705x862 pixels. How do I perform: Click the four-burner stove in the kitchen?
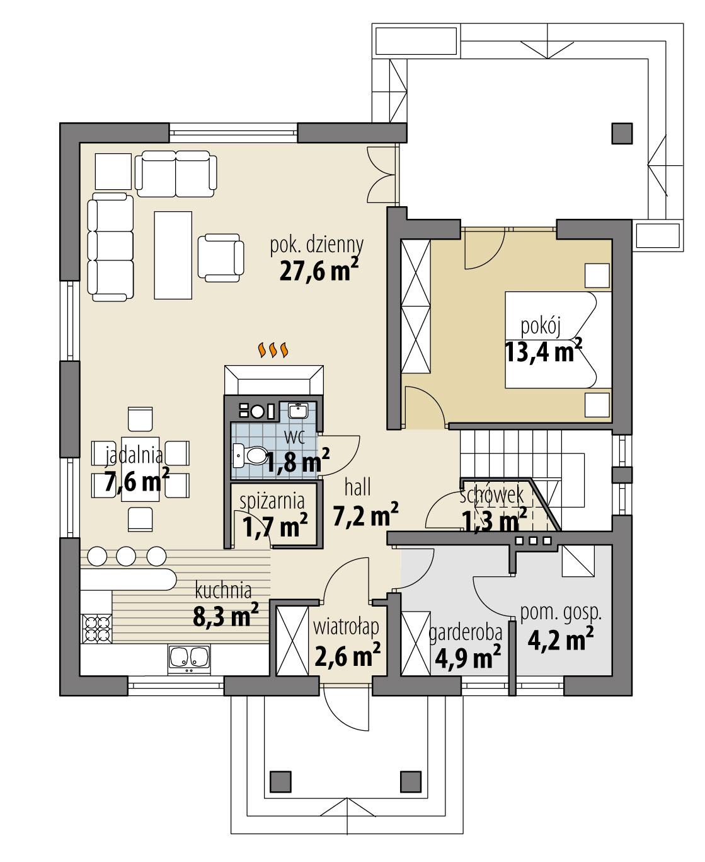[x=96, y=627]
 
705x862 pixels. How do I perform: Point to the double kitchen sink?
[x=189, y=657]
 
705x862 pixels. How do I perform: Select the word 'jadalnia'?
[x=134, y=454]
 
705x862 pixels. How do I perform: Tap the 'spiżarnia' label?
[x=273, y=501]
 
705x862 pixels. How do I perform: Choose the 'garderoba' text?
[x=465, y=632]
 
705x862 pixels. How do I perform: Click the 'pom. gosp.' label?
[x=561, y=612]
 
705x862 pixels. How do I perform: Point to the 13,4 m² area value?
[x=543, y=351]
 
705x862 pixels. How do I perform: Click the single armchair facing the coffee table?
[x=220, y=256]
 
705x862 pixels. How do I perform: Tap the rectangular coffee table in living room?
[x=173, y=255]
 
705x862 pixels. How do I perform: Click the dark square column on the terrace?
[x=621, y=132]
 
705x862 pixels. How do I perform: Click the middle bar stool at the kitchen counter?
[x=127, y=556]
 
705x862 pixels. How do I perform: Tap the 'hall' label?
[x=357, y=487]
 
